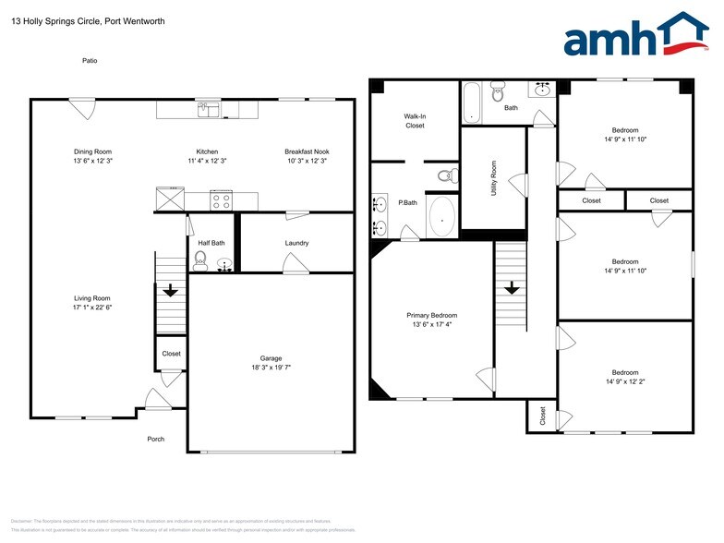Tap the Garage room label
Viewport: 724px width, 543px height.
(x=271, y=358)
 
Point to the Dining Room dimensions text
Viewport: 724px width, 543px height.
(x=92, y=161)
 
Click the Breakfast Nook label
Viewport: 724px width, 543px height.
(x=307, y=151)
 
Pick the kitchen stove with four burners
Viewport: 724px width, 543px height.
(x=222, y=199)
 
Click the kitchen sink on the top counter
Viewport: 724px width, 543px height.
(x=208, y=111)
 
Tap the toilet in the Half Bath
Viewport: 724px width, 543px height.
(x=200, y=261)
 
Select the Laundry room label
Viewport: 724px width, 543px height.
(x=296, y=244)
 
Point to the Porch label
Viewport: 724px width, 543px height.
(x=156, y=439)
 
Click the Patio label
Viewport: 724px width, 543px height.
(x=88, y=61)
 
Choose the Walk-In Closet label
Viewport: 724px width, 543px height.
(x=415, y=121)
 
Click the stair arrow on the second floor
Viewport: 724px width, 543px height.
(x=509, y=288)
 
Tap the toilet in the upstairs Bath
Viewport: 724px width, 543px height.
(x=498, y=91)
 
